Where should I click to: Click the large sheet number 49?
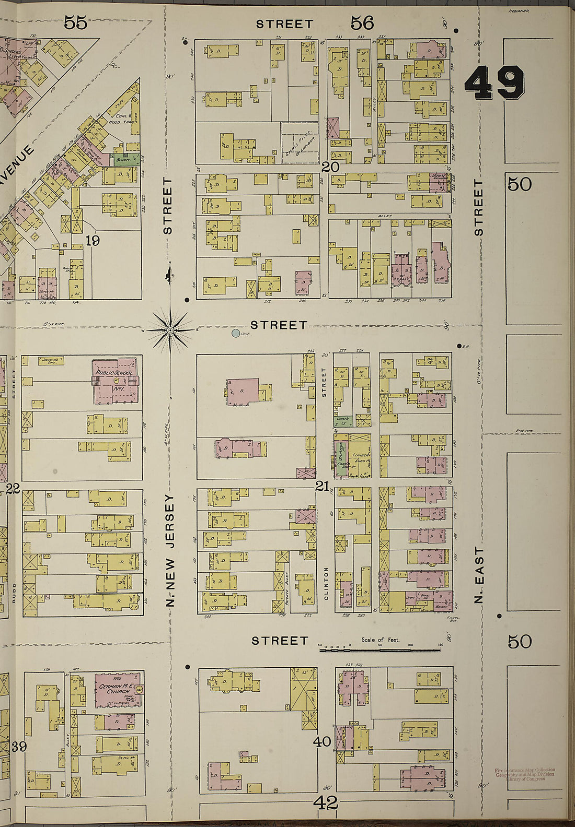coord(494,84)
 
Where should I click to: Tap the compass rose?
coord(170,330)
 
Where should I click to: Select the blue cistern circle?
coord(236,333)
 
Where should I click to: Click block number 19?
coord(93,241)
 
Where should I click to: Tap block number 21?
coord(322,486)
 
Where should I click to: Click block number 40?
coord(323,741)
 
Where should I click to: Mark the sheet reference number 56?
coord(362,22)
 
